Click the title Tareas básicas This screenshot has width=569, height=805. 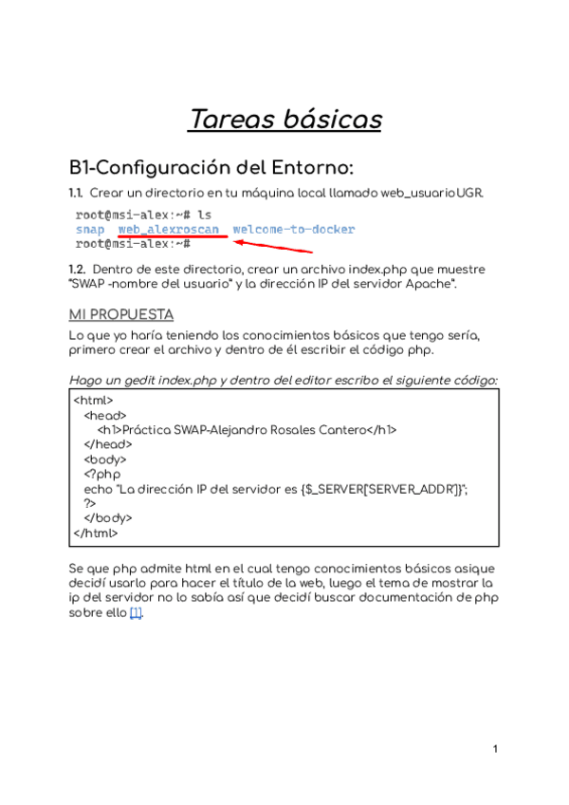(x=284, y=120)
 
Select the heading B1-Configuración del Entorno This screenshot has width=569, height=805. (x=211, y=168)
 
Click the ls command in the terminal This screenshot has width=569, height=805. (x=204, y=215)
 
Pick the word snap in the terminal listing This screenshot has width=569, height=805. (x=90, y=230)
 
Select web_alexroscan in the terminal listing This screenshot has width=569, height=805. (x=169, y=230)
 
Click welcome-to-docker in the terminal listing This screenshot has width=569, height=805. (x=294, y=230)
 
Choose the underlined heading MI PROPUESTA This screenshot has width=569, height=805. (x=121, y=314)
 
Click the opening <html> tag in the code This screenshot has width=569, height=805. (x=93, y=401)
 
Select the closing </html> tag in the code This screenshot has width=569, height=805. (x=95, y=533)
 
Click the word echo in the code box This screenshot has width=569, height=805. (x=97, y=489)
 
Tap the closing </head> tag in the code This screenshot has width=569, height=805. (x=105, y=444)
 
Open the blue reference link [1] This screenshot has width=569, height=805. (x=136, y=612)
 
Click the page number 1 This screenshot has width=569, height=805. (x=495, y=750)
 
